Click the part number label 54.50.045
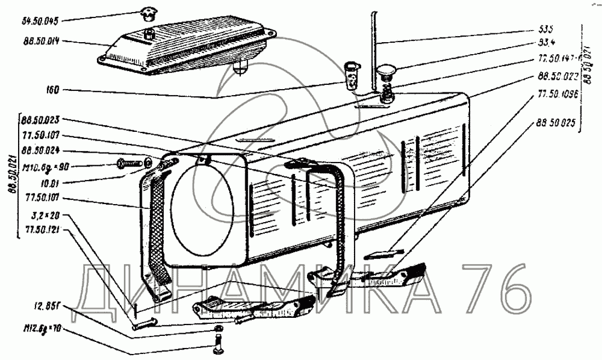[x=39, y=20]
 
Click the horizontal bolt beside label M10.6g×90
[x=132, y=163]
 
